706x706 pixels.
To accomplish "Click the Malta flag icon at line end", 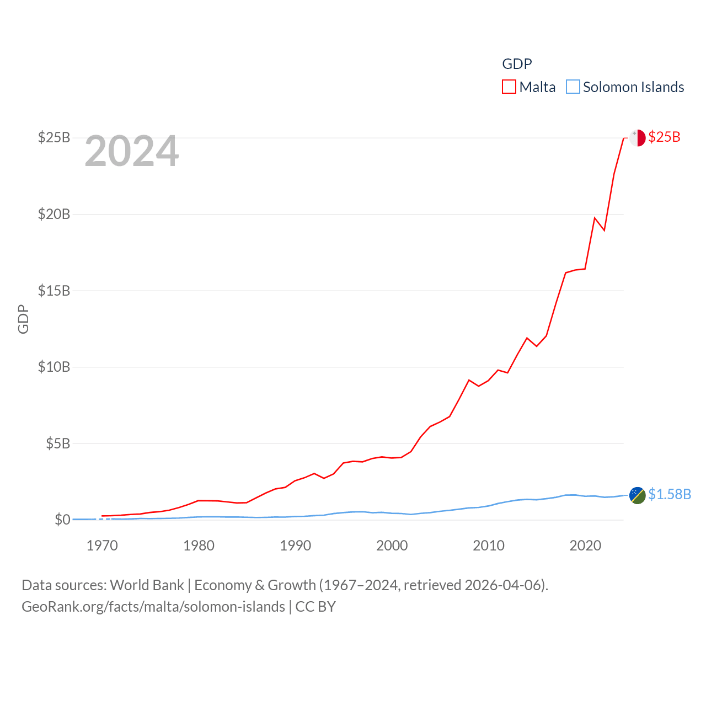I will [x=637, y=138].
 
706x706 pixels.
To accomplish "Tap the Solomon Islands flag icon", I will [x=637, y=495].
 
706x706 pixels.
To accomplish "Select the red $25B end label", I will [x=664, y=137].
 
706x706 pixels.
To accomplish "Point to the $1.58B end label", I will [x=670, y=494].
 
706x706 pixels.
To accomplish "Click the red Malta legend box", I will [x=509, y=87].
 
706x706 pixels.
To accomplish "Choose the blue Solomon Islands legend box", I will [x=573, y=87].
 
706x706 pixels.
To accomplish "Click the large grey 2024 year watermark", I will [x=132, y=151].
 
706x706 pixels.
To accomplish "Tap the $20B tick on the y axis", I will [x=54, y=214].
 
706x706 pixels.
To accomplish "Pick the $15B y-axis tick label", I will [x=54, y=291].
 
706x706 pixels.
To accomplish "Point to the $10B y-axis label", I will [x=54, y=367].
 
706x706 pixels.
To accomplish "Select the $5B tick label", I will [x=58, y=443].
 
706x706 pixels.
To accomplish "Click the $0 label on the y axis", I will [x=62, y=520].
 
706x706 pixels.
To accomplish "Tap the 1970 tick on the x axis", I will [x=102, y=545].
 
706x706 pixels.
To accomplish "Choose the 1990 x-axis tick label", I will [x=296, y=545].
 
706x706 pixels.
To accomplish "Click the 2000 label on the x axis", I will [x=392, y=545].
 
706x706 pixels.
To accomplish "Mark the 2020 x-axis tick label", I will [x=585, y=545].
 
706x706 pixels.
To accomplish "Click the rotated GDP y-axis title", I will [x=23, y=319].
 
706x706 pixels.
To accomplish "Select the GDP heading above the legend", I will [x=517, y=64].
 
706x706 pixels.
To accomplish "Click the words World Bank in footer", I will [x=147, y=585].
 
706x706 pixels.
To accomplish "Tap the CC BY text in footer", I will [x=315, y=607].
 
